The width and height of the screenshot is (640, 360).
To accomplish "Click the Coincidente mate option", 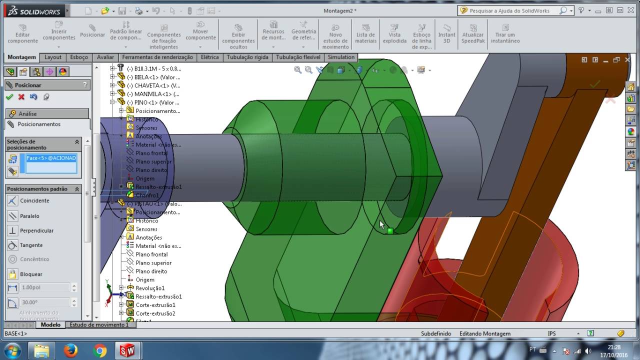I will pos(34,200).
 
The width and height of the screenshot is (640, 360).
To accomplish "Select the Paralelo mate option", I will pos(29,216).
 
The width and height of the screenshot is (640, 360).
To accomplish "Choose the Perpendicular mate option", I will pos(36,230).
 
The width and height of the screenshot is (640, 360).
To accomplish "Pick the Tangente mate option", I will pos(31,245).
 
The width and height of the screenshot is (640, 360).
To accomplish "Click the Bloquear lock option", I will pos(31,274).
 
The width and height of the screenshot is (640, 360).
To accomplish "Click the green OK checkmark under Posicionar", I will pos(9,97).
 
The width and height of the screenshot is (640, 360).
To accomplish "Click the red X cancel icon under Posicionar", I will pos(21,97).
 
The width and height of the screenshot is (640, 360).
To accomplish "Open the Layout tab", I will pos(53,57).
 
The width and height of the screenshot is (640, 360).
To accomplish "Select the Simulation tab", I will pos(341,57).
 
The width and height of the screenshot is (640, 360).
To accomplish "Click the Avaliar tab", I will pos(105,57).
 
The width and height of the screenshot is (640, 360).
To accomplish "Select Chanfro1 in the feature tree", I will pos(147,195).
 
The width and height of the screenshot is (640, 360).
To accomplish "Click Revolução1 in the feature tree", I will pos(150,288).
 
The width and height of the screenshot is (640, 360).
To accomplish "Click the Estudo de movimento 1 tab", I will pos(99,324).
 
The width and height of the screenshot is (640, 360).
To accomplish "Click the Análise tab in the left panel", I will pos(28,113).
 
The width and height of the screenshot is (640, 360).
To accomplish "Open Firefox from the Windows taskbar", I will pos(70,351).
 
